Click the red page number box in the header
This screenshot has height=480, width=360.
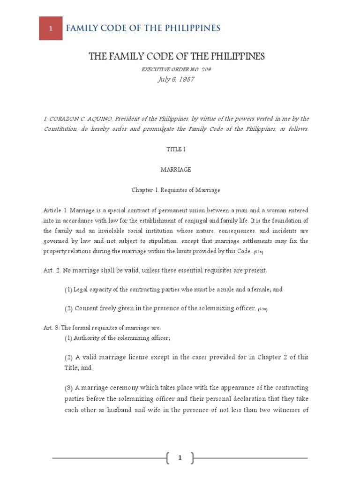(51, 28)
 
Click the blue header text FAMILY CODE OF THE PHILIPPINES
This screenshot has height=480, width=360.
(143, 28)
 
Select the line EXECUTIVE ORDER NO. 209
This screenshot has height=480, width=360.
(180, 69)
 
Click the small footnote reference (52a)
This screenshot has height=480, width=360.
(259, 252)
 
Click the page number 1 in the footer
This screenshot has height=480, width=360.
(180, 458)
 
